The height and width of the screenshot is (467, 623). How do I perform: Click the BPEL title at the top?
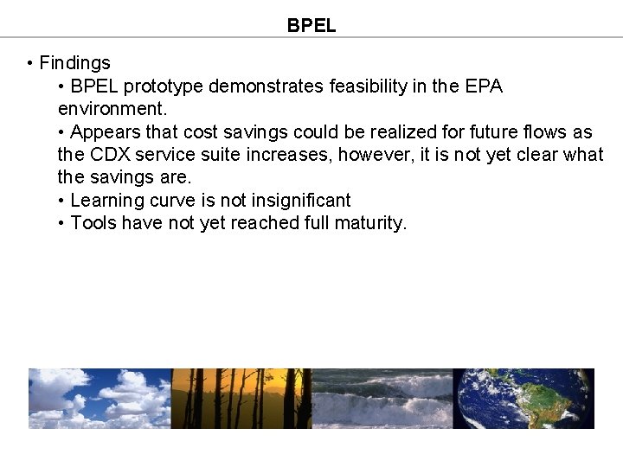point(311,26)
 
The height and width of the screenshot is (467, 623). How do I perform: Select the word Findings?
point(75,63)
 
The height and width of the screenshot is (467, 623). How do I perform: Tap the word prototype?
point(164,86)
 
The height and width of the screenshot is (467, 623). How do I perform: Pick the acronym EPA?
point(484,86)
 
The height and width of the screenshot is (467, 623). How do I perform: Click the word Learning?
point(106,201)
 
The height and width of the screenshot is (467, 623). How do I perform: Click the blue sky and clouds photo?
point(100,398)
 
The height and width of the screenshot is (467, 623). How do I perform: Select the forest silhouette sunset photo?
point(241,398)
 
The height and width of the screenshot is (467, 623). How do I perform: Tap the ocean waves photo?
point(382,398)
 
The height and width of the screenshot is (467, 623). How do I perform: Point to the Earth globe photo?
point(523,398)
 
